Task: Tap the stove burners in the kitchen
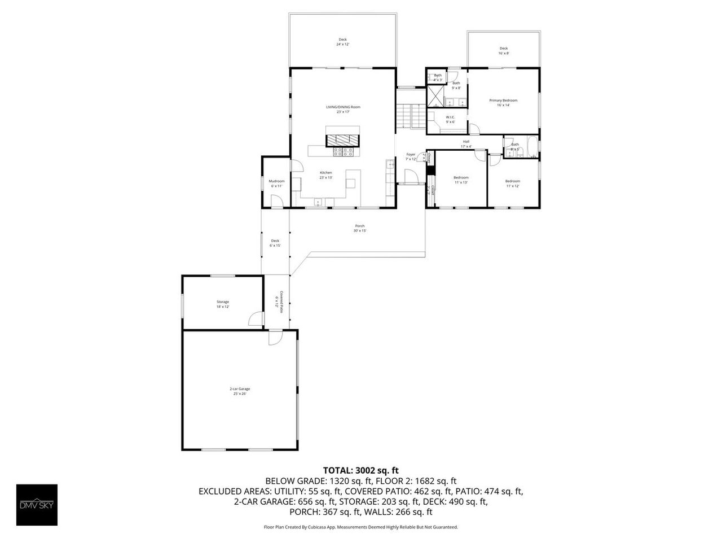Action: [344, 151]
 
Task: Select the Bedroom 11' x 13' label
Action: [461, 180]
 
